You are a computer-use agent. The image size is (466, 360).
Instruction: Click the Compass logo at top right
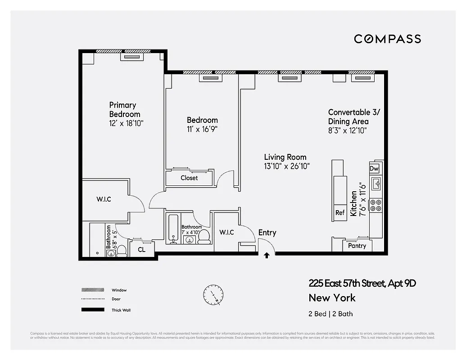387,39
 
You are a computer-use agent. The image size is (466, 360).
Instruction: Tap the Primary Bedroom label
124,109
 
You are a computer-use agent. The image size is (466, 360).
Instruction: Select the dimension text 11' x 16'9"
202,129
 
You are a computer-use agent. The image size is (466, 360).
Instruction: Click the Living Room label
285,157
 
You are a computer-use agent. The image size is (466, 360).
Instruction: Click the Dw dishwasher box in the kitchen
374,168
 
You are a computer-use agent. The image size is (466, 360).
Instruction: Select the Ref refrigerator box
340,213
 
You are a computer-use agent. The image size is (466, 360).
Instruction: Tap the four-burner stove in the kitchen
376,205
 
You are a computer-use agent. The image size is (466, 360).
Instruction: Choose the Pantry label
357,246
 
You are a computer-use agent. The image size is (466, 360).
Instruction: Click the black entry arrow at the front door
267,255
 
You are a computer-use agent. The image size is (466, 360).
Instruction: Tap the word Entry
267,233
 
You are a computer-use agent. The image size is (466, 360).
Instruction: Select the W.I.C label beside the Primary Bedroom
104,199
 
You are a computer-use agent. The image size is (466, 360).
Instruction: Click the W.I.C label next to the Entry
226,232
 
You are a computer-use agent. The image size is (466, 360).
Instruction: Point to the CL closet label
142,249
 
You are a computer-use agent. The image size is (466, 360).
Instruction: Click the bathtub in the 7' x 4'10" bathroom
173,229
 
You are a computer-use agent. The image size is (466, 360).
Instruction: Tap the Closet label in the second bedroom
189,178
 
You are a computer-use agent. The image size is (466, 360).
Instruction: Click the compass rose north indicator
213,295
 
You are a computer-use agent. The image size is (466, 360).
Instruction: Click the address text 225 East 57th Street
346,283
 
